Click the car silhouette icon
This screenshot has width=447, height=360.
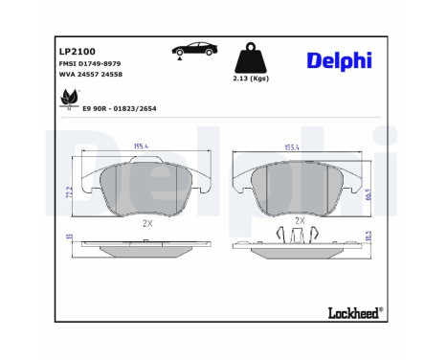(x=195, y=49)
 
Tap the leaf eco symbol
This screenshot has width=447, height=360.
(x=68, y=97)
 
